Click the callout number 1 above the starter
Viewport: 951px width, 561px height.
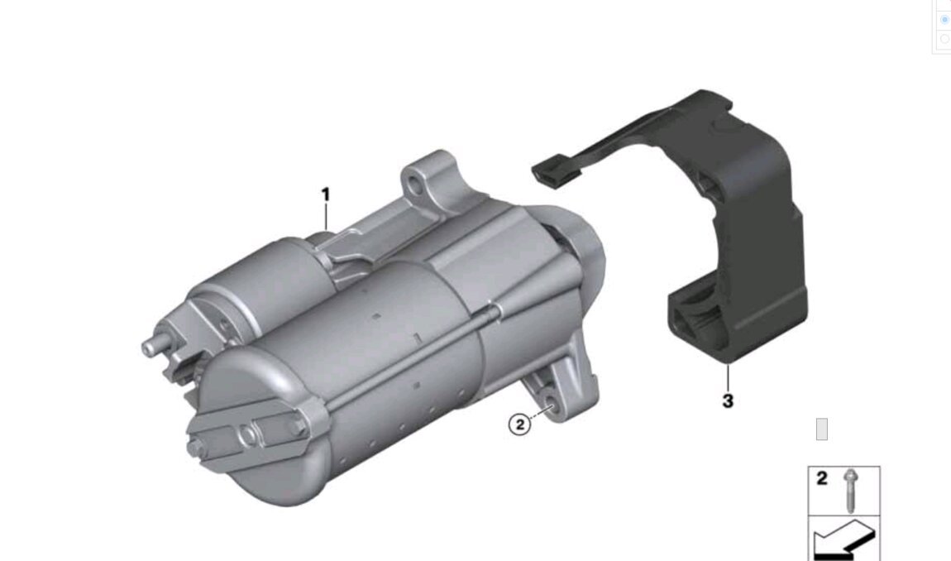(x=326, y=195)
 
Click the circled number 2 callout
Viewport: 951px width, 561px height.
(x=519, y=424)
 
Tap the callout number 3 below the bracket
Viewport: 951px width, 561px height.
(x=728, y=400)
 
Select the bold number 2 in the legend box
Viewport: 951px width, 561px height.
(x=822, y=478)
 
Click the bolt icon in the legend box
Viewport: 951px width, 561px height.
(x=851, y=490)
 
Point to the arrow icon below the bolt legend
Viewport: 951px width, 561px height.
(x=843, y=539)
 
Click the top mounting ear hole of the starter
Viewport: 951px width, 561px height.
(x=415, y=185)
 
